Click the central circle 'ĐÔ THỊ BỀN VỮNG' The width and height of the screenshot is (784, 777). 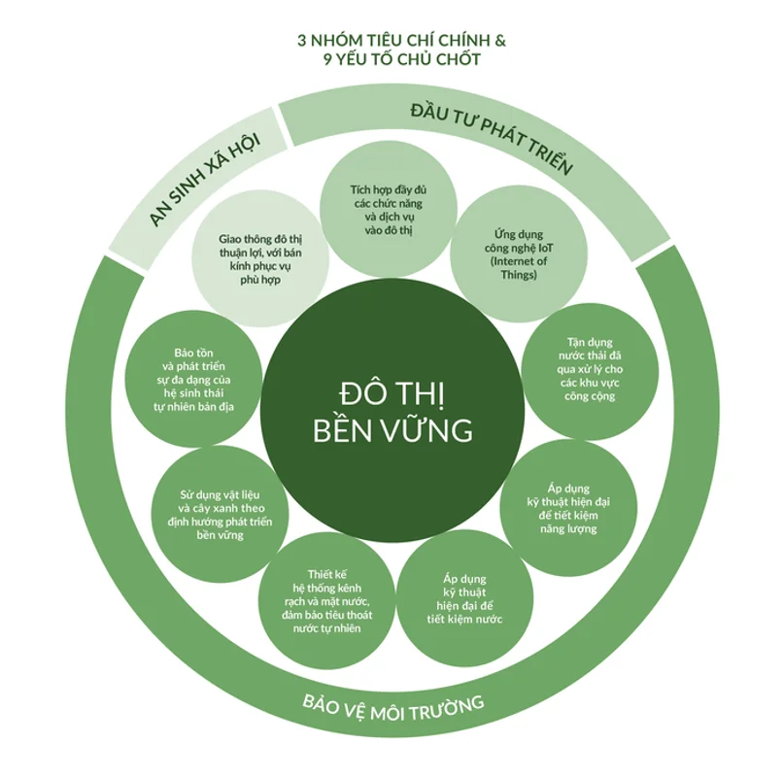[392, 411]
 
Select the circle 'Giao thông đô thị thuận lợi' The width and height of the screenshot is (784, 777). [260, 258]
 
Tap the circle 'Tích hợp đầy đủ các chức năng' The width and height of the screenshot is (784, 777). [389, 209]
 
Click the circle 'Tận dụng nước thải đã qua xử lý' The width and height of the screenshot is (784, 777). [590, 371]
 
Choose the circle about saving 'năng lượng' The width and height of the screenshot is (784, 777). [568, 508]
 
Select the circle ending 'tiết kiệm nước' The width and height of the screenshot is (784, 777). [465, 598]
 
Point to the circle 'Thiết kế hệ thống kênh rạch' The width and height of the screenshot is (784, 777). [327, 600]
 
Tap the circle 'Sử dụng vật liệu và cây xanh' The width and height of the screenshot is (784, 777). [220, 515]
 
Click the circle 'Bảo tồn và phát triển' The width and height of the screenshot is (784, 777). [193, 379]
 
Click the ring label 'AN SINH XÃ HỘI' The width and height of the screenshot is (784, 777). [204, 179]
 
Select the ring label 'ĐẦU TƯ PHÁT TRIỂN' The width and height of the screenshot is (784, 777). [492, 136]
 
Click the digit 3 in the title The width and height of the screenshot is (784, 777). [301, 40]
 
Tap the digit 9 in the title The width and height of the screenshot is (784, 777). [327, 59]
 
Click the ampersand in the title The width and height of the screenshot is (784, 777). [500, 40]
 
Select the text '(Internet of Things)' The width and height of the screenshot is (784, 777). [519, 268]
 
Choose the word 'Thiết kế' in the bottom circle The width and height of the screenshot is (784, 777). [327, 575]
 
